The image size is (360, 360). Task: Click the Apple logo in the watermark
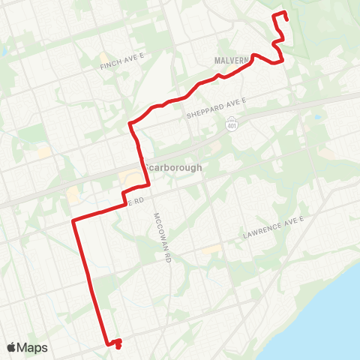[x=11, y=347]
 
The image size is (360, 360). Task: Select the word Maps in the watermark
[x=32, y=347]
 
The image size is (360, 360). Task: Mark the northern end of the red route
[x=288, y=20]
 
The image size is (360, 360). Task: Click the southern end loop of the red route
[x=117, y=344]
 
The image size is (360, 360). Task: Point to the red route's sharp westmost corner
[x=73, y=220]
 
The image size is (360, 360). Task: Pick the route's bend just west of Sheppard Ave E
[x=131, y=122]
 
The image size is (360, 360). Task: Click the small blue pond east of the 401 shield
[x=317, y=118]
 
